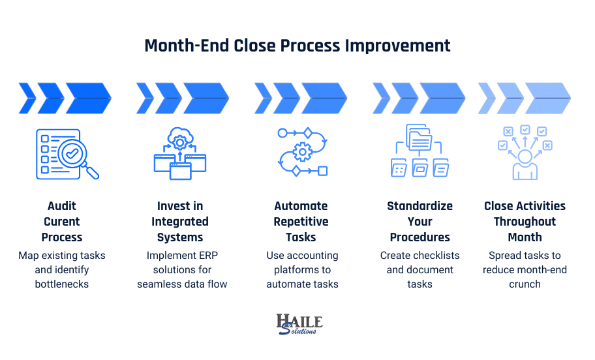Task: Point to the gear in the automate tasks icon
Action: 302,153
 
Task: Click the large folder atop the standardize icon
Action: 420,138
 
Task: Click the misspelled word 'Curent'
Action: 62,222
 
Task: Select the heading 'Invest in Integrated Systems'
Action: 180,222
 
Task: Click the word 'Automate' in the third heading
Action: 301,206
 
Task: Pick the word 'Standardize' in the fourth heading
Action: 420,206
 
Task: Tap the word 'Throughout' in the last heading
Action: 525,222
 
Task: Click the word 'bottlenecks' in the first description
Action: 62,284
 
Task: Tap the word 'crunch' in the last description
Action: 525,284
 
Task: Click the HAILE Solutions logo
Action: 299,324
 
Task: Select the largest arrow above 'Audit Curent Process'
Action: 89,98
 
